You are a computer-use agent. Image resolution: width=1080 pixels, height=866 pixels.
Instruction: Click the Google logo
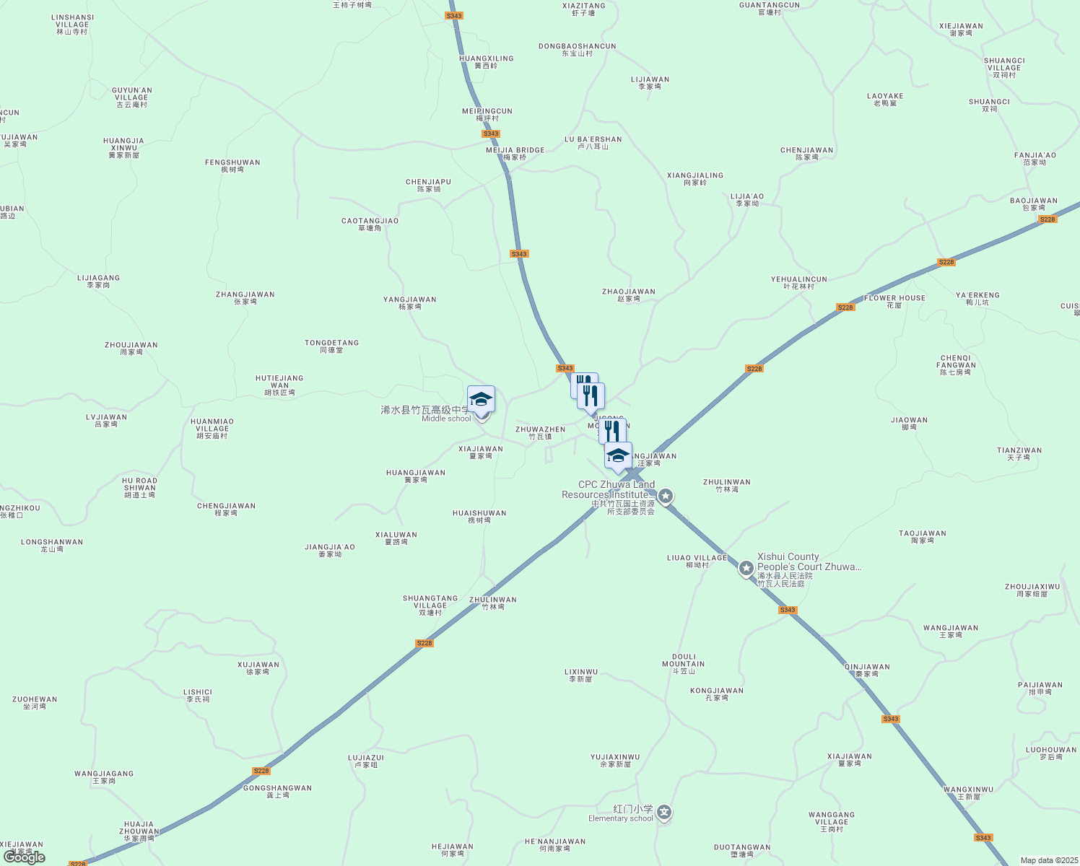[x=25, y=857]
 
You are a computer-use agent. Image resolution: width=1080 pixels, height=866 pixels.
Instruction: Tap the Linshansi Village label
[x=72, y=25]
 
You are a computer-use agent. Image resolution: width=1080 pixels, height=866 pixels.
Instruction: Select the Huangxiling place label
[x=486, y=62]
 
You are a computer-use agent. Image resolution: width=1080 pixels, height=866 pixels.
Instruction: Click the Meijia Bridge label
[x=515, y=154]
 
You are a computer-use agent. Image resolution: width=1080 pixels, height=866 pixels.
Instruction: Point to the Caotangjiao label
[x=370, y=224]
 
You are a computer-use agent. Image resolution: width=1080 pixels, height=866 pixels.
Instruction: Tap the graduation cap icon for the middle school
[x=481, y=399]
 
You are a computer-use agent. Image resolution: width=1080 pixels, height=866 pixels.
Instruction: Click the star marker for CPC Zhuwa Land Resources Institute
[x=666, y=496]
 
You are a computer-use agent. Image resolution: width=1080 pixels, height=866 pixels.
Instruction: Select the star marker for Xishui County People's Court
[x=746, y=569]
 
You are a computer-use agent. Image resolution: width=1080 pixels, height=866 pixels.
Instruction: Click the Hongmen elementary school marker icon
[x=664, y=813]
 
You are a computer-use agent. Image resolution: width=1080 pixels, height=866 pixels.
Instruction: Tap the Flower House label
[x=894, y=301]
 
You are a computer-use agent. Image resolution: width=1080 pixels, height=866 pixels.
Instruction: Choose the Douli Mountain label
[x=683, y=664]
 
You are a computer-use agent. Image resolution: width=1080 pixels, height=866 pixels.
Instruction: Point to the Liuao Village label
[x=697, y=561]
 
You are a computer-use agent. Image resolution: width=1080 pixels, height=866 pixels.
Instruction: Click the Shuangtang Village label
[x=430, y=605]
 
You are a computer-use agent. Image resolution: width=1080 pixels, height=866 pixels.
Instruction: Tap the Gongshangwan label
[x=277, y=792]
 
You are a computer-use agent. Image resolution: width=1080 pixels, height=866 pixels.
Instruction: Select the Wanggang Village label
[x=832, y=822]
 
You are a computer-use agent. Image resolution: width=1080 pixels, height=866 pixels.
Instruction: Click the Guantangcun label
[x=770, y=9]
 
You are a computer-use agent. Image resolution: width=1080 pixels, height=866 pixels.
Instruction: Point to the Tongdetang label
[x=331, y=346]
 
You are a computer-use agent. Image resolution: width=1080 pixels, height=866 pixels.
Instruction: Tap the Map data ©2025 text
[x=1048, y=860]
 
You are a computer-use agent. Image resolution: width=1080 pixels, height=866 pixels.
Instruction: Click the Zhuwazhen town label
[x=540, y=433]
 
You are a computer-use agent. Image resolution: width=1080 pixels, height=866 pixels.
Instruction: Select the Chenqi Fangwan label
[x=956, y=365]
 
